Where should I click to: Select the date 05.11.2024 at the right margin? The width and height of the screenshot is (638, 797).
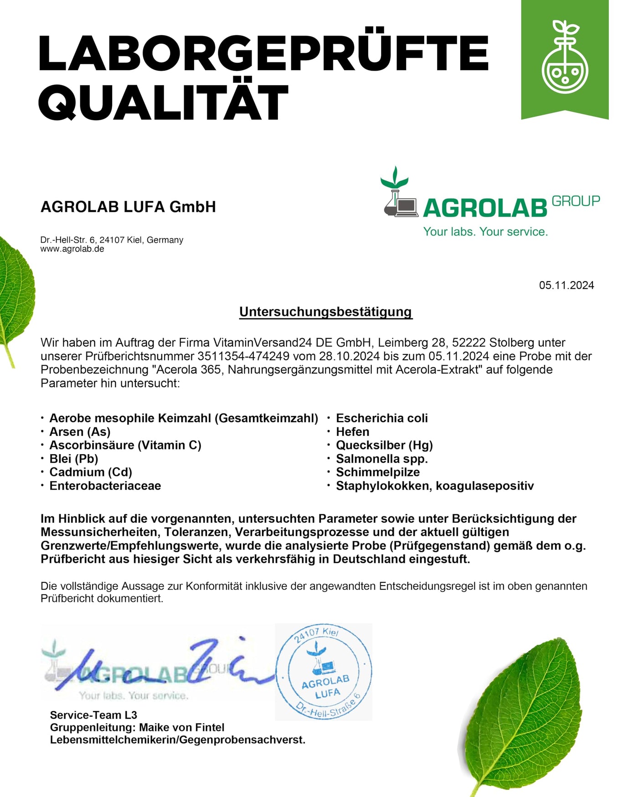(x=566, y=286)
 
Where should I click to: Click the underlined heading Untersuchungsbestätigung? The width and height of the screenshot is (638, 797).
(x=326, y=312)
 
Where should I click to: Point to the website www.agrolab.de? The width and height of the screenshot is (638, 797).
(x=72, y=249)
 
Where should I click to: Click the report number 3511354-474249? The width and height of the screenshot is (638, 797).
(x=243, y=356)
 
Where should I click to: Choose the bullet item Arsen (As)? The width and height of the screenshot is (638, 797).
(x=80, y=432)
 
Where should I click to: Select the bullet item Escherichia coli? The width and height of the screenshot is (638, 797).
(x=382, y=418)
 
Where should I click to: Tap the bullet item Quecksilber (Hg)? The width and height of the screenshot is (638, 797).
(x=384, y=445)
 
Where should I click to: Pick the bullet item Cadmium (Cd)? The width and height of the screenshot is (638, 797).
(x=91, y=472)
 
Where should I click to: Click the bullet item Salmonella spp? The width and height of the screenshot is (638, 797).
(x=382, y=459)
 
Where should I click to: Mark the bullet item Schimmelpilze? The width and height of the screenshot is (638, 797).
(x=378, y=472)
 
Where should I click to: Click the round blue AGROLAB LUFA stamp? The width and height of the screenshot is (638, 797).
(x=324, y=672)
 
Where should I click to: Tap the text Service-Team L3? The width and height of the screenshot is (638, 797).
(x=93, y=715)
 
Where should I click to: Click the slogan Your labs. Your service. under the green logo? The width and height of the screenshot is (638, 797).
(x=485, y=232)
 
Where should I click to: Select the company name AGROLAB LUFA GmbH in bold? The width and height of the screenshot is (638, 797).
(x=128, y=207)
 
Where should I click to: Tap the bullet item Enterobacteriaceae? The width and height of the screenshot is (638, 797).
(x=105, y=486)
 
